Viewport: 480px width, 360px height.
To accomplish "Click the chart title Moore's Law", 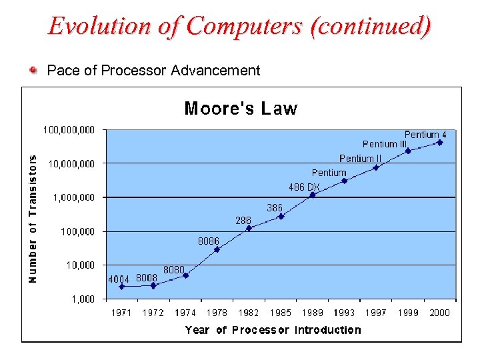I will pyautogui.click(x=241, y=109).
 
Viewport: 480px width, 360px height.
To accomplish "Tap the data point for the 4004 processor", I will pyautogui.click(x=121, y=287).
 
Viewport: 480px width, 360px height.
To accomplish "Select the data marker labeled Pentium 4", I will pyautogui.click(x=440, y=142).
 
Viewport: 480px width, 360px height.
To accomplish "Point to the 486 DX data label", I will pyautogui.click(x=304, y=187).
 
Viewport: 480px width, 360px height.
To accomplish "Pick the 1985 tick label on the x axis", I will pyautogui.click(x=281, y=313).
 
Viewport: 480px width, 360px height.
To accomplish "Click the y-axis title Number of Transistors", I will pyautogui.click(x=33, y=218).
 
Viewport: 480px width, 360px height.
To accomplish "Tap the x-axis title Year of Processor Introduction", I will pyautogui.click(x=273, y=330).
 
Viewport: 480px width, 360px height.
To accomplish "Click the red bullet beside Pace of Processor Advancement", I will pyautogui.click(x=33, y=69).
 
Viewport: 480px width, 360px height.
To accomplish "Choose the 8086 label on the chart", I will pyautogui.click(x=209, y=241).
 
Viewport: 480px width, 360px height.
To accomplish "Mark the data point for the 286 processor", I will pyautogui.click(x=249, y=228).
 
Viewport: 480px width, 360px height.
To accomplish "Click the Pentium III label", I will pyautogui.click(x=385, y=144).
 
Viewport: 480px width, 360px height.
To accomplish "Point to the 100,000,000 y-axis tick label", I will pyautogui.click(x=69, y=129).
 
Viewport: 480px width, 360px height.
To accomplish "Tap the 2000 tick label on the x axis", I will pyautogui.click(x=440, y=313).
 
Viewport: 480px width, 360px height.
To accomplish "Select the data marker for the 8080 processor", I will pyautogui.click(x=185, y=275).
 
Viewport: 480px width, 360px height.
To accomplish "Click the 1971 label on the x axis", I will pyautogui.click(x=121, y=313).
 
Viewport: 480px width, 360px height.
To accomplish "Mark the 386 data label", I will pyautogui.click(x=275, y=208).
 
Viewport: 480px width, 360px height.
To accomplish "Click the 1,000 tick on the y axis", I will pyautogui.click(x=83, y=299).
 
